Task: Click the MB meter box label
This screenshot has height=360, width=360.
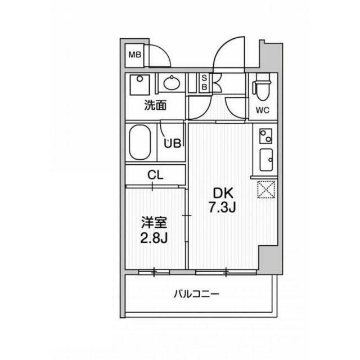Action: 134,55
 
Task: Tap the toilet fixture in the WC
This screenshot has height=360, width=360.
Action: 262,87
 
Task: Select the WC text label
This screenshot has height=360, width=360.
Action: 263,110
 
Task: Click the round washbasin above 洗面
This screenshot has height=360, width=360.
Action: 172,83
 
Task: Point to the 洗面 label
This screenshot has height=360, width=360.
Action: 155,105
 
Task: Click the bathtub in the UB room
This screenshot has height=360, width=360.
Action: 140,142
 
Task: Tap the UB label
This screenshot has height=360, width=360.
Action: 172,143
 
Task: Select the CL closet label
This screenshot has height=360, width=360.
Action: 155,175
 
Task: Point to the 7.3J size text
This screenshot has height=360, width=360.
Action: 222,208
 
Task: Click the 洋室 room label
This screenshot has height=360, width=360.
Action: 154,223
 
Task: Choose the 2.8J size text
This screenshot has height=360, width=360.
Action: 154,238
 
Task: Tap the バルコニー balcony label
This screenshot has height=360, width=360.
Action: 196,294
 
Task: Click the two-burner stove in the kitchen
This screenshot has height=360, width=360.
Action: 265,136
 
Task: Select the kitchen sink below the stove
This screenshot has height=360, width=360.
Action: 266,160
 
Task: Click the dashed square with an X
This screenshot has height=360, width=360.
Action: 266,189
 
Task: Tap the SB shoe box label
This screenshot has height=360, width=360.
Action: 204,83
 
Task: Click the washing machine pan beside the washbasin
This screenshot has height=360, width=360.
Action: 139,85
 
